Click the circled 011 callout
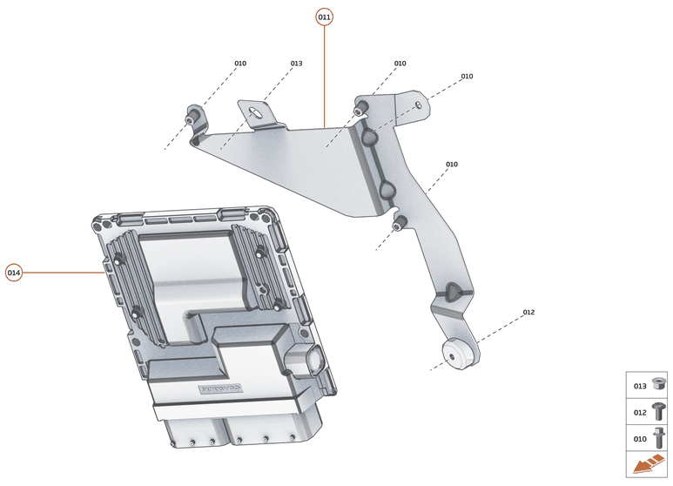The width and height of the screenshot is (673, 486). pos(324,17)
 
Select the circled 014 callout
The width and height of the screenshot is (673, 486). pos(14,273)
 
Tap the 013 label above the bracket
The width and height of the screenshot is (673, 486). pos(296,64)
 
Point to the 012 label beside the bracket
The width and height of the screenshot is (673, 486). pos(528,312)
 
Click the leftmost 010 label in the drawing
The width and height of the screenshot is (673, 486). pos(240,64)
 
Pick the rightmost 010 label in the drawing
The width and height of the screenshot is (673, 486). pos(467,77)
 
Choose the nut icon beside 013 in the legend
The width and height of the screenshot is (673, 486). pos(658,385)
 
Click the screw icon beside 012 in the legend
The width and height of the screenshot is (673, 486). pos(658,411)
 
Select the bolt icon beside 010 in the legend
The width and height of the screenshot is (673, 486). pos(658,438)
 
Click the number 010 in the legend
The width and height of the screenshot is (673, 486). pos(640,439)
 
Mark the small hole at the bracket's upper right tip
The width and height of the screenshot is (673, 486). pos(419,105)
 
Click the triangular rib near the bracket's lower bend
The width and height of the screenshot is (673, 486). pos(452,292)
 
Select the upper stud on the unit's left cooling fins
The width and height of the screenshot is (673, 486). pos(118,259)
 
